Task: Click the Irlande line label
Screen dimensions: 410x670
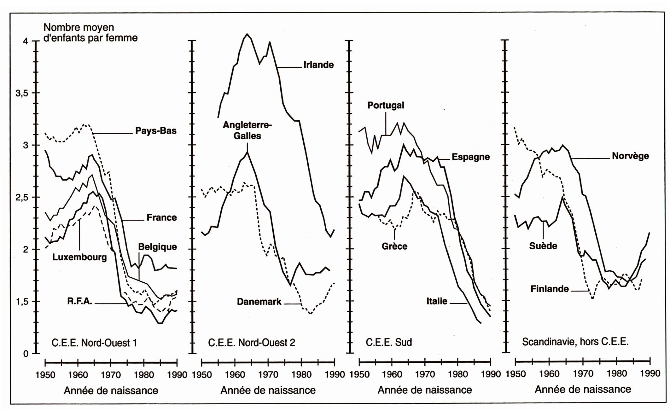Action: (318, 65)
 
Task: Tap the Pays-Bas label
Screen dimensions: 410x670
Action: (156, 131)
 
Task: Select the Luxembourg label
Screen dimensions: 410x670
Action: (79, 257)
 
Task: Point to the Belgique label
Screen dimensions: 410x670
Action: (157, 247)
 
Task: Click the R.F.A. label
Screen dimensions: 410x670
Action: (79, 302)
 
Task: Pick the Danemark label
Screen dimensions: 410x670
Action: (259, 302)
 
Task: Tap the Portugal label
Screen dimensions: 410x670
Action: (386, 105)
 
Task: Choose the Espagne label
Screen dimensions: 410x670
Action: (470, 157)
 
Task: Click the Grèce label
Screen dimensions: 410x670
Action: (394, 246)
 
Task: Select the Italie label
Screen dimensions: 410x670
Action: (437, 301)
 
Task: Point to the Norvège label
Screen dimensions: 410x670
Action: (630, 156)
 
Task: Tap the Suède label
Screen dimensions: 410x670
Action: (543, 246)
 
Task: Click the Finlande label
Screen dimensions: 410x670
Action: (550, 289)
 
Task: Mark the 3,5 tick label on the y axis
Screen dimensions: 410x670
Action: (22, 93)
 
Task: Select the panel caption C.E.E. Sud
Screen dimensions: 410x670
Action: (388, 342)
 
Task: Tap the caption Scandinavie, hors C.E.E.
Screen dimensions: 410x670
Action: (575, 342)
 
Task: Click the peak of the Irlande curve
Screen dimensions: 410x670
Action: (247, 34)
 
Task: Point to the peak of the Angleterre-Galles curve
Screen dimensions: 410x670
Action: (248, 152)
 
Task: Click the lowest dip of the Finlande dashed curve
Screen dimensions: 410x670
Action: (593, 298)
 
